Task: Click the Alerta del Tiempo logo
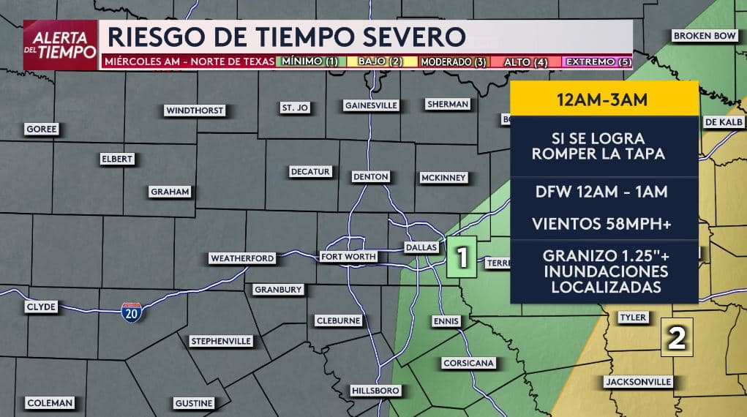61,45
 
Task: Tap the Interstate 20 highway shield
132,311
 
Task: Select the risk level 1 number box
462,257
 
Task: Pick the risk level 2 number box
677,337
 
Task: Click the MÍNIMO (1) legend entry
309,62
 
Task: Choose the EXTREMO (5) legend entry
599,62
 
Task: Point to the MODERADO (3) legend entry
454,62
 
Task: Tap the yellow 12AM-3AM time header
601,99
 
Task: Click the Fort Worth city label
348,257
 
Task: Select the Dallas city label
421,248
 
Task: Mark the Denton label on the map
370,177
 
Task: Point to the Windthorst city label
195,110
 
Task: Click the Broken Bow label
704,36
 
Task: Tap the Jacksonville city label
638,382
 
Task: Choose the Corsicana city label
469,363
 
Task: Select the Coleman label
50,403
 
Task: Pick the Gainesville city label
372,105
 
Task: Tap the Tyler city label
633,318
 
